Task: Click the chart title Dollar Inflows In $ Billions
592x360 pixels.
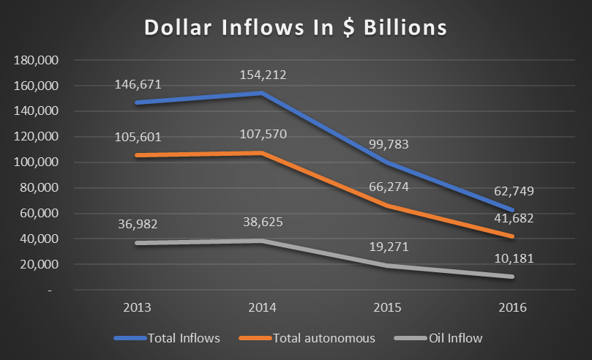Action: pos(296,28)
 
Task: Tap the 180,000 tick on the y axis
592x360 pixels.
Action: pos(37,60)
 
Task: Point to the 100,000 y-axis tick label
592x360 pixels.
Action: pos(37,162)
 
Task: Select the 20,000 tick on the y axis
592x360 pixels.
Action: pos(40,265)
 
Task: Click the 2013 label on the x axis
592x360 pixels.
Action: pos(137,307)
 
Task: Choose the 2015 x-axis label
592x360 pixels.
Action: pos(387,307)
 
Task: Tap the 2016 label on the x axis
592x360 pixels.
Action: pos(512,307)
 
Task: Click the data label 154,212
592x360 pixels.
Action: pos(263,75)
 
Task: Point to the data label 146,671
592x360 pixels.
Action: pos(138,85)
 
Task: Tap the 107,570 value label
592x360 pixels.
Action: pos(263,135)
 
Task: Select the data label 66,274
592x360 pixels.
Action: pos(389,187)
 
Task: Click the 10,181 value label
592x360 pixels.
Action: pos(514,259)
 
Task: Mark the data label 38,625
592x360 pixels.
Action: pos(263,222)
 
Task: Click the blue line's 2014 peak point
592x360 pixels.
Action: pos(262,93)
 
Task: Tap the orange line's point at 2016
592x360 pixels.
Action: pos(512,236)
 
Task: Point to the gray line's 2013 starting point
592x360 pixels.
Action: pos(137,243)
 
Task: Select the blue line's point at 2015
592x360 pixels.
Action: pos(387,162)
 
